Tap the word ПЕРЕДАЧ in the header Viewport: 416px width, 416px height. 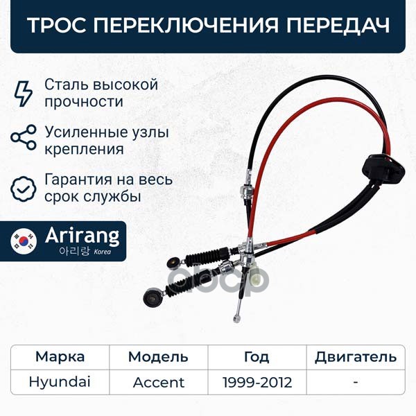tap(338, 26)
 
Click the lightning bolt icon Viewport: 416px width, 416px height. tap(24, 94)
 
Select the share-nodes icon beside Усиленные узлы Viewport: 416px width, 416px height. tap(24, 137)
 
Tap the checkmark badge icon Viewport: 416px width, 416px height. tap(24, 189)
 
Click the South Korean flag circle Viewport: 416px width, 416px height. tap(24, 241)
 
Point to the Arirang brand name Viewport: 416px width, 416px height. tap(83, 236)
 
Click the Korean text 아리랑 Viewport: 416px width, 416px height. tap(75, 251)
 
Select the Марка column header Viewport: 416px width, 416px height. tap(60, 357)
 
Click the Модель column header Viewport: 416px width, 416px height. tap(158, 357)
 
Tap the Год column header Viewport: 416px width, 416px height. tap(257, 357)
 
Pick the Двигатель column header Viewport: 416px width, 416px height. tap(356, 357)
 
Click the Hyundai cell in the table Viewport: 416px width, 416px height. tap(60, 382)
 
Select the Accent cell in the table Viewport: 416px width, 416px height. tap(159, 383)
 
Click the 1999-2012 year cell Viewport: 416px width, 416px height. tap(257, 383)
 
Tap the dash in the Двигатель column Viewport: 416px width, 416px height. tap(356, 383)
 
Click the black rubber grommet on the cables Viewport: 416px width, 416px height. tap(383, 167)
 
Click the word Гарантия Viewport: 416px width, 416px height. tap(78, 180)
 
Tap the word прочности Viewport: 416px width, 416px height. tap(84, 102)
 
